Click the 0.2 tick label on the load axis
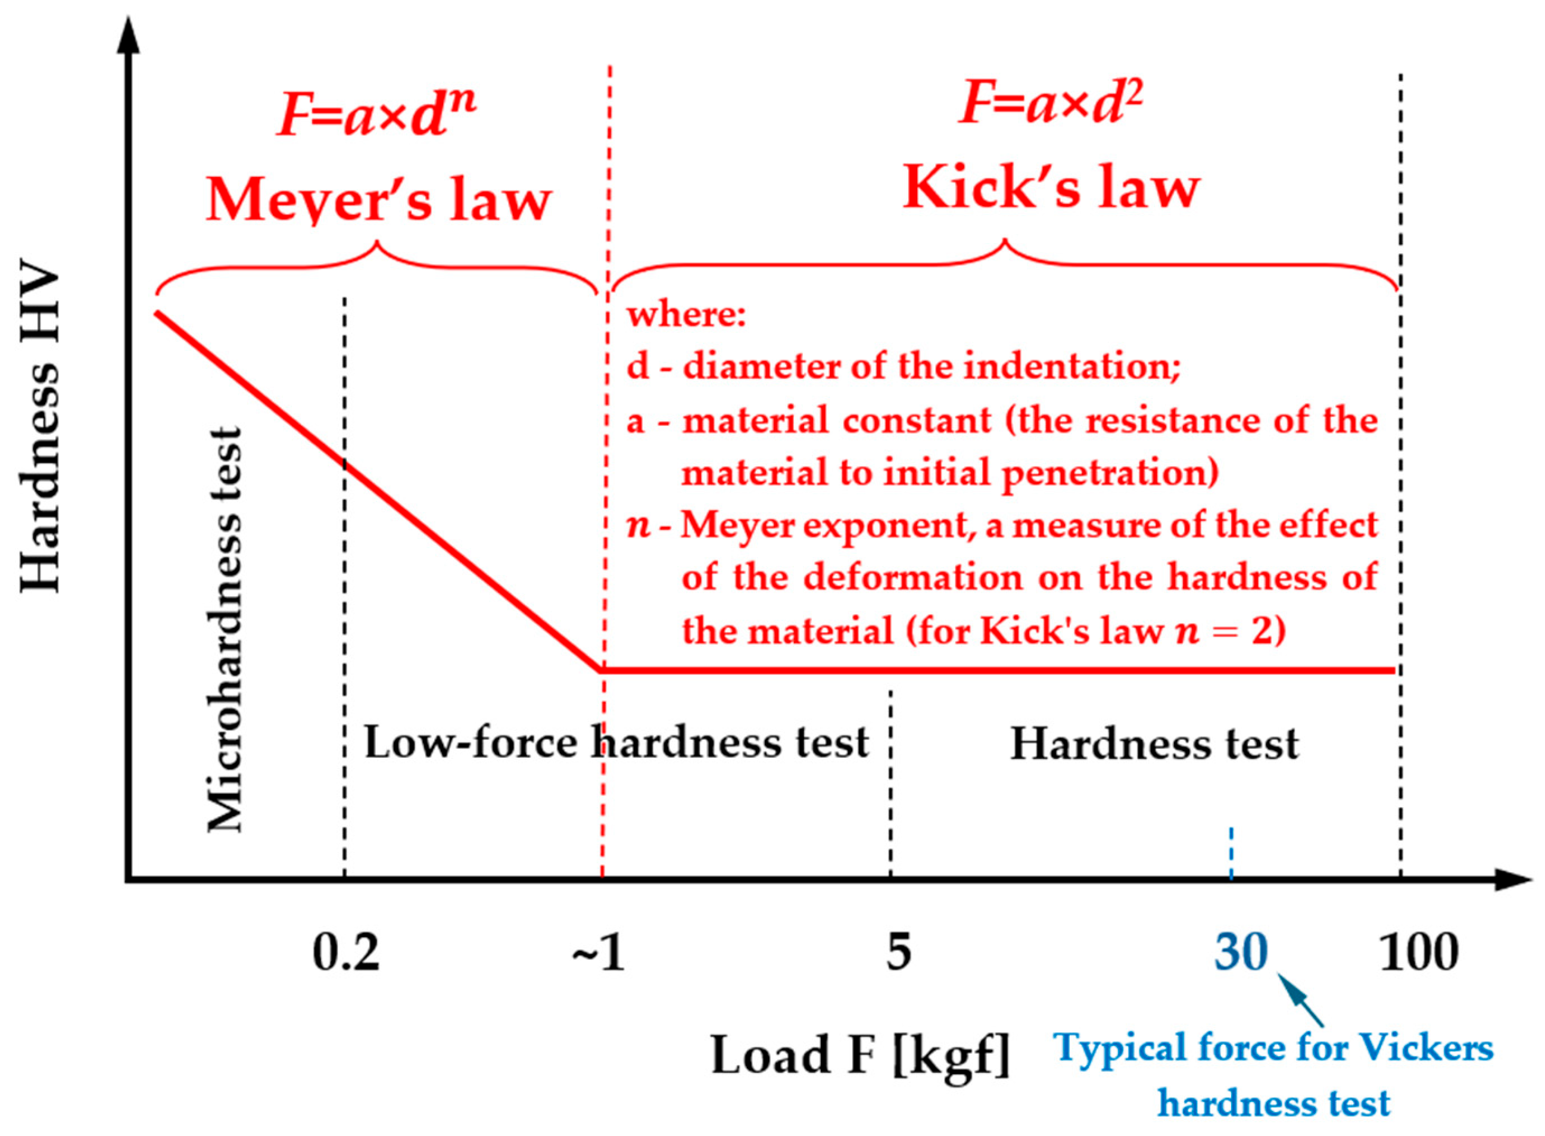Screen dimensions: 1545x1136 coord(346,953)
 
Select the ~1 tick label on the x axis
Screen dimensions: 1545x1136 coord(597,953)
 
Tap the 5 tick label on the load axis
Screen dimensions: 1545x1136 coord(899,953)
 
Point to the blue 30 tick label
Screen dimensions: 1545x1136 coord(1241,953)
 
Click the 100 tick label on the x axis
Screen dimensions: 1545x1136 coord(1419,953)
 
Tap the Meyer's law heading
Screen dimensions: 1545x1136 coord(379,200)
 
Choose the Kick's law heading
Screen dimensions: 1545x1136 coord(1051,188)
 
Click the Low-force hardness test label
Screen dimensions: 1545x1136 coord(616,743)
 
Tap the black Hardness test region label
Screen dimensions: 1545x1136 coord(1154,745)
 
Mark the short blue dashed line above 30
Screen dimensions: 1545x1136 coord(1231,852)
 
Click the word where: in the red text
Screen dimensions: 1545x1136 coord(686,315)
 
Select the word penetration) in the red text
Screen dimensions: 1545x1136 coord(1110,474)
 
